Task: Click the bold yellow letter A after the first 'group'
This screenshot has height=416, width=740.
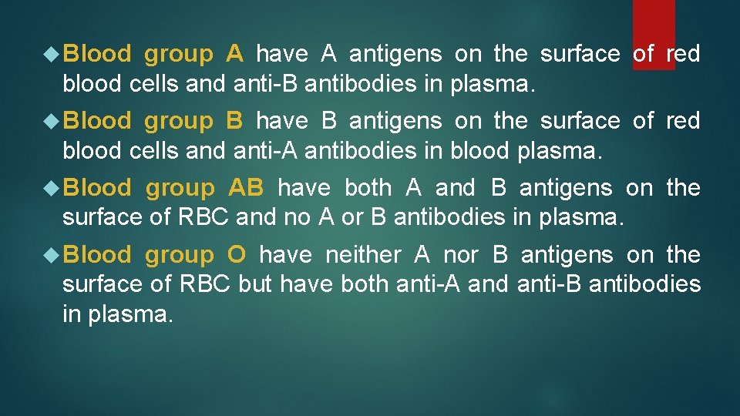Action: tap(235, 54)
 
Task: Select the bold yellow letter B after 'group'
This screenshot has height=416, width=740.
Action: tap(235, 121)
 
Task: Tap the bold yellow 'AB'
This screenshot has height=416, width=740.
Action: tap(246, 188)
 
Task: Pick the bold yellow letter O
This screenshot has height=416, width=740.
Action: tap(237, 255)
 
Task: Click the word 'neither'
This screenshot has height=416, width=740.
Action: tap(363, 255)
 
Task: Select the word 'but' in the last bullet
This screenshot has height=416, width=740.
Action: tap(256, 285)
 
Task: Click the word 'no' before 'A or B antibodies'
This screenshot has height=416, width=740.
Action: tap(297, 218)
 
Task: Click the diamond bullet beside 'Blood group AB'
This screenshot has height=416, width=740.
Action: tap(53, 188)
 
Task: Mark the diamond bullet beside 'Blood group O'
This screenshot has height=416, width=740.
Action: tap(53, 255)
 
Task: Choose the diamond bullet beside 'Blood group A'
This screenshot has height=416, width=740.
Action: tap(53, 54)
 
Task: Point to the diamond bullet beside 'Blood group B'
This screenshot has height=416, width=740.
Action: tap(53, 121)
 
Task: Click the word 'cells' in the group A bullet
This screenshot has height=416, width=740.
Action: tap(151, 84)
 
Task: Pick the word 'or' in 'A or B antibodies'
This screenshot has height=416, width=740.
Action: tap(351, 218)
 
